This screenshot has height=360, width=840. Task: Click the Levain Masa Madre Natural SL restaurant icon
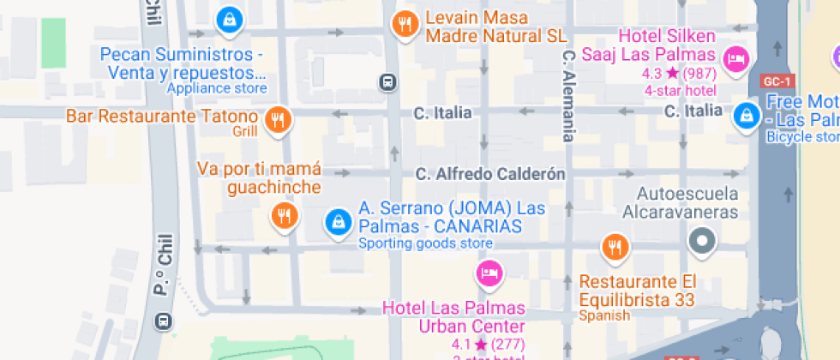pyautogui.click(x=405, y=24)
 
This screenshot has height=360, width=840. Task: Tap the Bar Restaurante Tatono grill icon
pyautogui.click(x=277, y=120)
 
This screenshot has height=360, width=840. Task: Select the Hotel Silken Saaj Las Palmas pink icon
pyautogui.click(x=735, y=58)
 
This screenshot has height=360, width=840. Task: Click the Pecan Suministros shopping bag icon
pyautogui.click(x=229, y=19)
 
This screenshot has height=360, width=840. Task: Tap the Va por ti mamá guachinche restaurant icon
pyautogui.click(x=284, y=215)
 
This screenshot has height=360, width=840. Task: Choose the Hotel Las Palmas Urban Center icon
pyautogui.click(x=488, y=273)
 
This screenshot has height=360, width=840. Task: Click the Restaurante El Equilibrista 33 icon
pyautogui.click(x=614, y=248)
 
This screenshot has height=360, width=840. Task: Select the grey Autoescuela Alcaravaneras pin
pyautogui.click(x=702, y=241)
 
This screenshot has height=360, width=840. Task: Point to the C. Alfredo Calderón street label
pyautogui.click(x=490, y=174)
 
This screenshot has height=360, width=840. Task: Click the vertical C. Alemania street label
pyautogui.click(x=567, y=94)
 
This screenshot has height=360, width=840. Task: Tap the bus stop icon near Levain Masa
pyautogui.click(x=388, y=81)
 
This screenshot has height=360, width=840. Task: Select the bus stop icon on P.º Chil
pyautogui.click(x=163, y=321)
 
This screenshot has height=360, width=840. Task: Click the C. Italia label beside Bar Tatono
pyautogui.click(x=442, y=112)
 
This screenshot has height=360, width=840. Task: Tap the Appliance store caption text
pyautogui.click(x=217, y=88)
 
